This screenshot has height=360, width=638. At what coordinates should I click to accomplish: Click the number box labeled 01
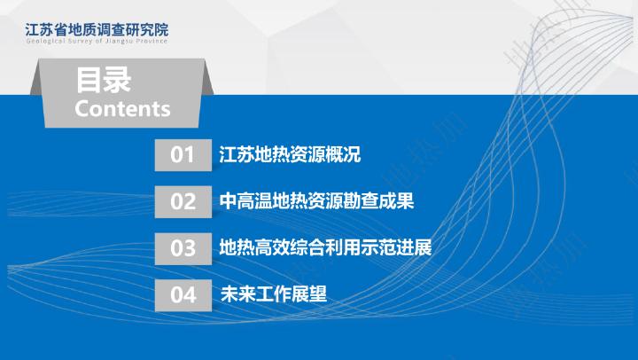(x=183, y=155)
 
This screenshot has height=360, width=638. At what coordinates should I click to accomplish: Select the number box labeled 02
(x=183, y=201)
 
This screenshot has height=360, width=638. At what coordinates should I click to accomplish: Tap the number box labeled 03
(x=183, y=248)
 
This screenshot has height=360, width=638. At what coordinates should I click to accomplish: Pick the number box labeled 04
(x=183, y=295)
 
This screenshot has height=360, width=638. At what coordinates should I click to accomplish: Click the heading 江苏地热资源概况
(x=290, y=154)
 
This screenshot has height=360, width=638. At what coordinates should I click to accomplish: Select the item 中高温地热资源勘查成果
(x=316, y=201)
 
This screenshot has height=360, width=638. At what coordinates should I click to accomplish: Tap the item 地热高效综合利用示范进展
(x=325, y=247)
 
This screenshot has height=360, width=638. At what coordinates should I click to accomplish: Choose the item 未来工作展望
(x=274, y=294)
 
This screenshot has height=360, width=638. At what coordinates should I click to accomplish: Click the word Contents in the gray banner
(x=122, y=109)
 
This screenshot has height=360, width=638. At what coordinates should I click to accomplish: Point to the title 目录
(x=104, y=80)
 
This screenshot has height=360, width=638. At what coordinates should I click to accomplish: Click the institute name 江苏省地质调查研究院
(x=97, y=30)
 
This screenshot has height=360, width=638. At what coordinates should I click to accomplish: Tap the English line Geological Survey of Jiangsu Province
(x=97, y=41)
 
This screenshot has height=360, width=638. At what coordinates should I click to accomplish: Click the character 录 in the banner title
(x=118, y=80)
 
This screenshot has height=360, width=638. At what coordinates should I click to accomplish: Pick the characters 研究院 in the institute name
(x=147, y=30)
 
